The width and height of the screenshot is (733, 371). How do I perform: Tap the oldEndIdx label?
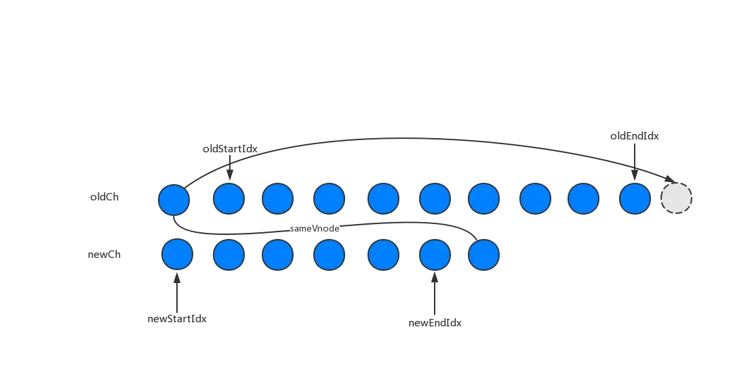tap(635, 136)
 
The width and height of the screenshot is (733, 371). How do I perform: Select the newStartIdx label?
tap(176, 319)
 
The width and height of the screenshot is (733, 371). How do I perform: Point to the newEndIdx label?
tap(435, 324)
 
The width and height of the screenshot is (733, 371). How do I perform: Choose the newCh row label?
tap(105, 255)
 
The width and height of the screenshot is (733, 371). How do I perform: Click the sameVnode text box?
tap(315, 230)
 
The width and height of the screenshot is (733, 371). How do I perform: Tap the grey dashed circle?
tap(676, 199)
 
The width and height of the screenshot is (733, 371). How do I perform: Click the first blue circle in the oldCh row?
tap(174, 199)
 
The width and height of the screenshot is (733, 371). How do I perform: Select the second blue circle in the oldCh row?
tap(229, 199)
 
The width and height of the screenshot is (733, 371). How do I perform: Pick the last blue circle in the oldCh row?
tap(635, 199)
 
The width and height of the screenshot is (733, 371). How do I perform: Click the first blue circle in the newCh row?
tap(177, 255)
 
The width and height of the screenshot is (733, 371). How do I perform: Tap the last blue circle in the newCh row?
tap(483, 255)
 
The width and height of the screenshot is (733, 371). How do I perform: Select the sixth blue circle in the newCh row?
tap(435, 255)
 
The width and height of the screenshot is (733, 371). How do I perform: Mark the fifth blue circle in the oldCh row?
tap(384, 199)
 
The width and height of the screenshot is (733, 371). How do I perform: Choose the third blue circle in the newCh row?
tap(277, 255)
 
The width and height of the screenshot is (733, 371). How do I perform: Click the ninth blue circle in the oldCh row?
tap(583, 199)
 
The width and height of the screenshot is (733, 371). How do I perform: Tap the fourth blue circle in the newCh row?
tap(329, 255)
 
